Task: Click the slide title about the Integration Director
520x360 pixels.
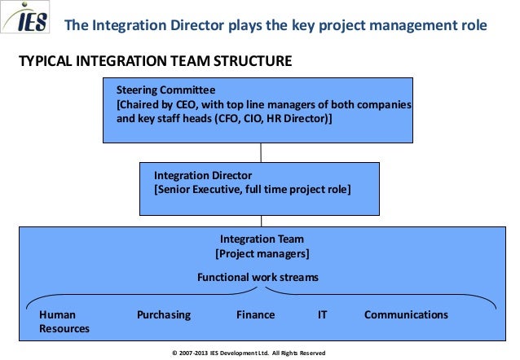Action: tap(275, 25)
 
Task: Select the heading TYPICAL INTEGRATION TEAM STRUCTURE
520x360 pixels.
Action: tap(148, 62)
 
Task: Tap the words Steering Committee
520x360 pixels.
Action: tap(165, 90)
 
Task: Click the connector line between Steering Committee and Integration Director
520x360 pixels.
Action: tap(261, 152)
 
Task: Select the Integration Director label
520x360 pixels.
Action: tap(203, 176)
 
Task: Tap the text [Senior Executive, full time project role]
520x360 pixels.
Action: tap(253, 189)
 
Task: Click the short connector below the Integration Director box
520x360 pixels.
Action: tap(261, 220)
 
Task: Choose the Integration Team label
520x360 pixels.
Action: tap(262, 239)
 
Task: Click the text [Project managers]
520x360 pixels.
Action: tap(262, 253)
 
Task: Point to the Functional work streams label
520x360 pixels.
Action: tap(258, 277)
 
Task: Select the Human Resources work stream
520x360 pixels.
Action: tap(64, 321)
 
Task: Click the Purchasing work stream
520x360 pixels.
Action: tap(163, 314)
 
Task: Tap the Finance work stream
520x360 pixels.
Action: tap(255, 314)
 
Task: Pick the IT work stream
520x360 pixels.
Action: tap(322, 314)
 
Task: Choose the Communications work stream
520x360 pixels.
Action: tap(406, 314)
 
